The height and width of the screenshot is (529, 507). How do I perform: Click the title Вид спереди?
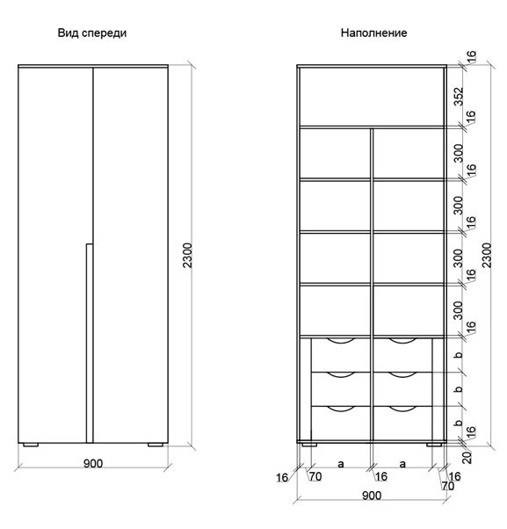[x=92, y=33]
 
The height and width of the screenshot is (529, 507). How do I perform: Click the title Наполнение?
[x=373, y=33]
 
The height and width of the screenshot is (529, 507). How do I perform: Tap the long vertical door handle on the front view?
[x=90, y=343]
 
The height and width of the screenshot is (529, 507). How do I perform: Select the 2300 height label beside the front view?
[x=187, y=256]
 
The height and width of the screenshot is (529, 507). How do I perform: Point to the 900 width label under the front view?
[x=93, y=464]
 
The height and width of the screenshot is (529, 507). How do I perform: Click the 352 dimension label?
[x=459, y=97]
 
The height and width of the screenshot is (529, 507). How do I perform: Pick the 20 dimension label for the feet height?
[x=467, y=458]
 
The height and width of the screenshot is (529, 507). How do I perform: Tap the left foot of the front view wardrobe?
[x=31, y=445]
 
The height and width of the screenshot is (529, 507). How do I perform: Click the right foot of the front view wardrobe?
[x=156, y=445]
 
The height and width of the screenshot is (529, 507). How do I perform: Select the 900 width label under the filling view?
[x=372, y=496]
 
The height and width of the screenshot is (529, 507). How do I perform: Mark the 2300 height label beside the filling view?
[x=487, y=256]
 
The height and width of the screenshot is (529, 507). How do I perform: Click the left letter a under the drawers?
[x=341, y=464]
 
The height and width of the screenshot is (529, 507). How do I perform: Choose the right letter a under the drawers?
[x=402, y=464]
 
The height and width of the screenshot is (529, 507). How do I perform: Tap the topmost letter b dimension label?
[x=458, y=355]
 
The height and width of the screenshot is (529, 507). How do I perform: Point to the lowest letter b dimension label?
[x=458, y=423]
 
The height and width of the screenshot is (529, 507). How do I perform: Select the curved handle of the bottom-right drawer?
[x=402, y=410]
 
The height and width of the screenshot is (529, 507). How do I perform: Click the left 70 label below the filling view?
[x=315, y=476]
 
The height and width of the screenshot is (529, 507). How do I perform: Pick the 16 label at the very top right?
[x=471, y=56]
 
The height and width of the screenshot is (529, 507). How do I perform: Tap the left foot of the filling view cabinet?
[x=309, y=445]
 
